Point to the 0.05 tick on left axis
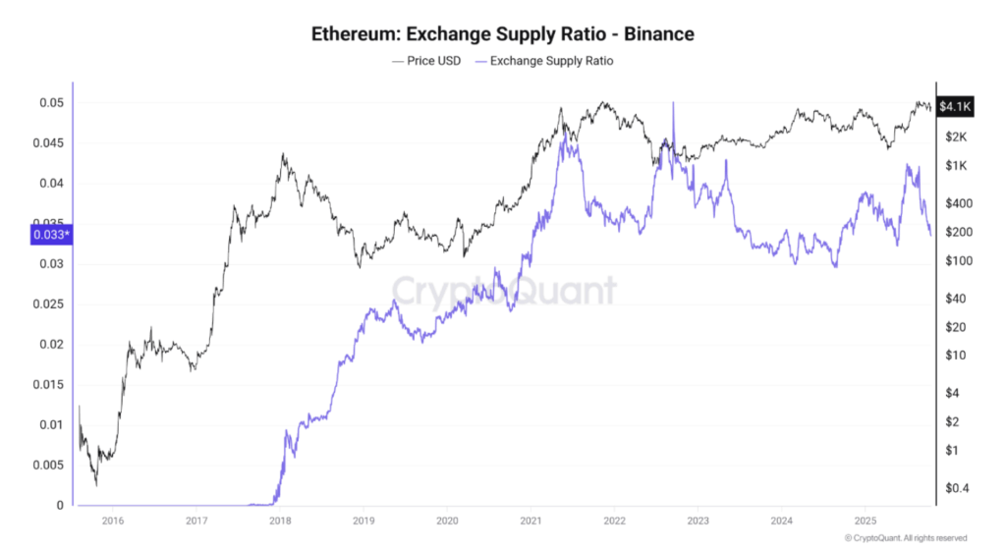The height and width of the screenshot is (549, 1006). click(51, 103)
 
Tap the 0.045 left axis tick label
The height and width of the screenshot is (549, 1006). click(47, 143)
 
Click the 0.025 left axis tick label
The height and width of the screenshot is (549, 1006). click(47, 304)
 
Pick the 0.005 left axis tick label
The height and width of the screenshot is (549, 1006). click(47, 466)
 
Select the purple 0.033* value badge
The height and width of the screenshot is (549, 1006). click(48, 235)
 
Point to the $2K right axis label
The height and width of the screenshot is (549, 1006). click(955, 137)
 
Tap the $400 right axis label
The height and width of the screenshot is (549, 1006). click(957, 203)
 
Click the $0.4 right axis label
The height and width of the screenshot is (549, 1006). click(956, 488)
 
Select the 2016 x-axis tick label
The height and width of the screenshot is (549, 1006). click(113, 521)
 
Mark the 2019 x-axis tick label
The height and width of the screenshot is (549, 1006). click(363, 521)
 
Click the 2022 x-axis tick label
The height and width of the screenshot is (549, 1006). click(614, 521)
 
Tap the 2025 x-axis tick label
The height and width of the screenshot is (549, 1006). click(865, 521)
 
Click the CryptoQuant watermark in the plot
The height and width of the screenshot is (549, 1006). click(504, 290)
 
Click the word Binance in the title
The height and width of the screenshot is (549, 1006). click(659, 34)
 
